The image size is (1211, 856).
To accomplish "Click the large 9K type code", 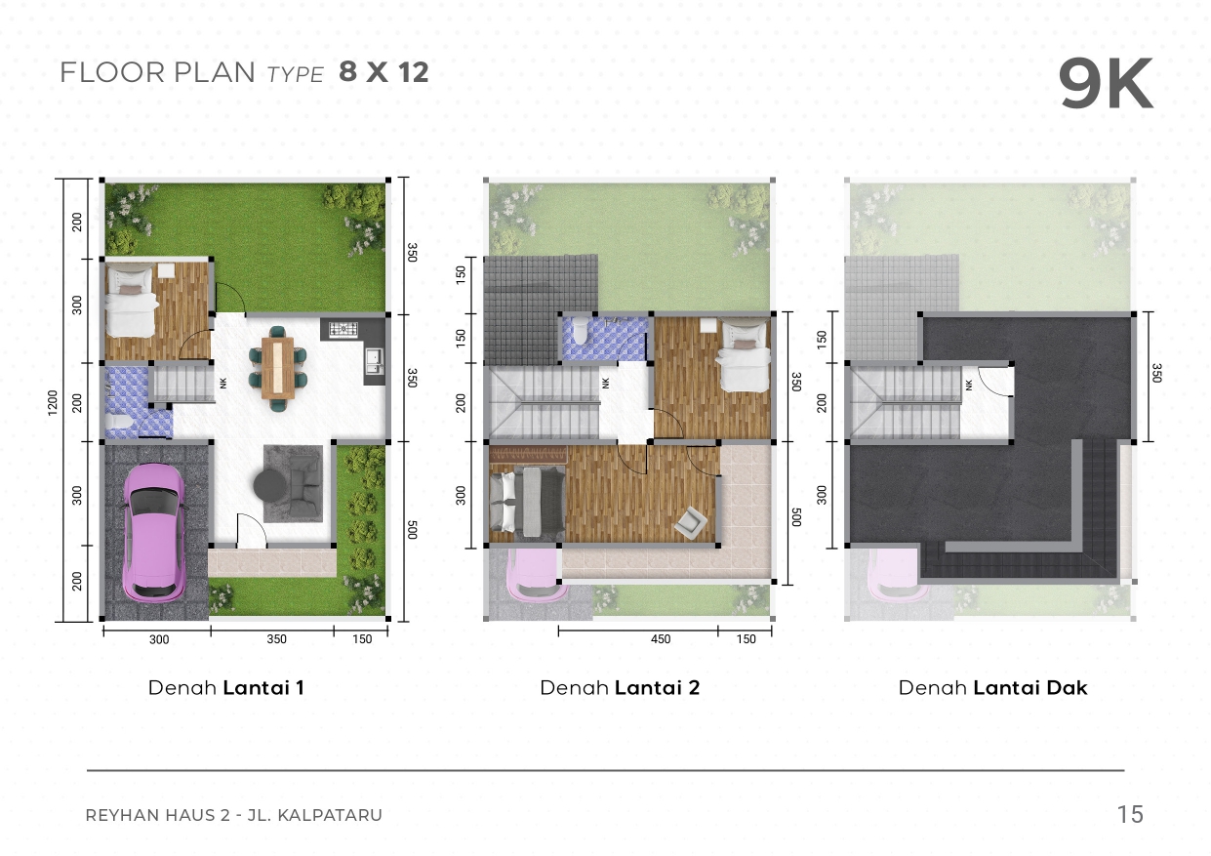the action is pos(1106,84).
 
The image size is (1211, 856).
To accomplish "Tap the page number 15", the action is pos(1130,814).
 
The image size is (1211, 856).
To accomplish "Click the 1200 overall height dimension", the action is pos(53,403).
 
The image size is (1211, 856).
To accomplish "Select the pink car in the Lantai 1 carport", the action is pos(153,533).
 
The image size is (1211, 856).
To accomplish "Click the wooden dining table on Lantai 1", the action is pos(277,368).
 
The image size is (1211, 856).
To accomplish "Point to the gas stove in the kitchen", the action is pos(343,329).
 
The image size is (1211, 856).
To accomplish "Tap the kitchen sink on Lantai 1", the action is pos(374,361).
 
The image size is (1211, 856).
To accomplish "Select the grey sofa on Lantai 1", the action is pos(304,484).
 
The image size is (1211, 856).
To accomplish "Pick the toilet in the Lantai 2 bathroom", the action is pos(580,331).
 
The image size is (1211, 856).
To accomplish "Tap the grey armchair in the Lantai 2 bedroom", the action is pos(690,522).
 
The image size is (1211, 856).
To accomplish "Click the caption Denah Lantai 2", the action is pos(620,688).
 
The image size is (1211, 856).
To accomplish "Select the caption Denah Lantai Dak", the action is pos(992,688).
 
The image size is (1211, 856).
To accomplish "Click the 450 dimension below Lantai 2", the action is pos(661,639).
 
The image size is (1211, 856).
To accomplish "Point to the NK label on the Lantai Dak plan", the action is pos(969,385).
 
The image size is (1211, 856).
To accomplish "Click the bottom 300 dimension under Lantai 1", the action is pos(159,639).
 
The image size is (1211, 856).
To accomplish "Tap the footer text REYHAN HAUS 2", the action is pos(158,815).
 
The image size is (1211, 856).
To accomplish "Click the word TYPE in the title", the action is pos(296,74).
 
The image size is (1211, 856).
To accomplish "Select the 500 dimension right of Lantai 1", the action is pos(412,530).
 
